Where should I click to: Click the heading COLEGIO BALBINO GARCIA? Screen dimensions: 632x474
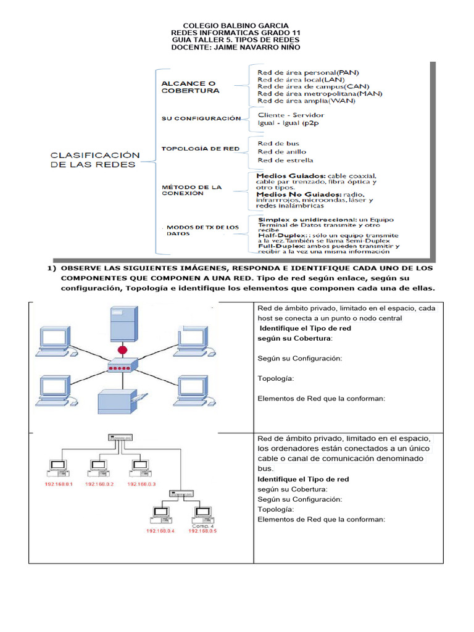coord(237,25)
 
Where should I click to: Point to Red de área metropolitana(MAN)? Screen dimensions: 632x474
coord(320,93)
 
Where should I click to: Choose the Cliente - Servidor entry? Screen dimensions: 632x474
coord(291,115)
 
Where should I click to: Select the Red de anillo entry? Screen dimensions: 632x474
coord(281,152)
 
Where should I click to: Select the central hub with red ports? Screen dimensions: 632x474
coord(122,367)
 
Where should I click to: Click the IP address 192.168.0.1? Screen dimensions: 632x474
coord(59,484)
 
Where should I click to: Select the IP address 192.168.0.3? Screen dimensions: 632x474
coord(141,484)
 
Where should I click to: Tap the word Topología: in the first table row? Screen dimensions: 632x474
coord(275,378)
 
